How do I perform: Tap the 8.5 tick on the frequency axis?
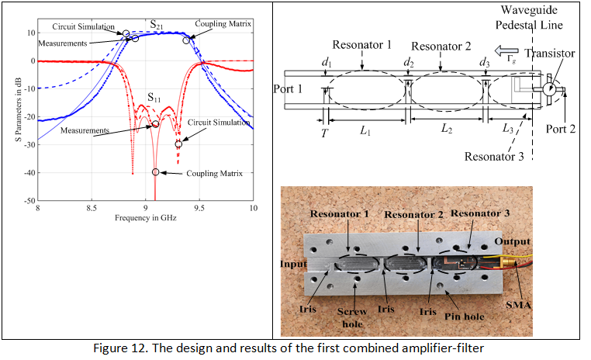coord(92,209)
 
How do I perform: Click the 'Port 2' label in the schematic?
coord(560,129)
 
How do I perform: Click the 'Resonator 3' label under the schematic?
coord(494,156)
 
